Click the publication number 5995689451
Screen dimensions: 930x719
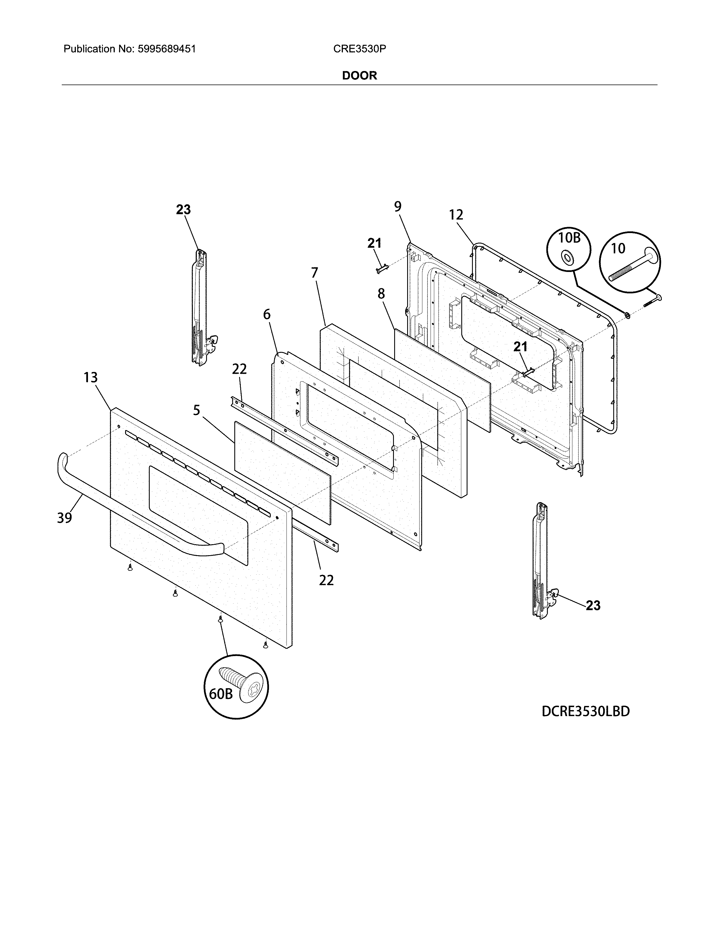click(167, 49)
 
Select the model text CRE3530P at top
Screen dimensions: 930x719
click(359, 49)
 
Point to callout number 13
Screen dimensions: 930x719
click(90, 377)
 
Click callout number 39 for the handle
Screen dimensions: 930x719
click(64, 518)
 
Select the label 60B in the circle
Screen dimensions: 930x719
click(221, 694)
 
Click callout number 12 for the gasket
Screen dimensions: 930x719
click(456, 215)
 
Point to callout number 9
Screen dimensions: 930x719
click(397, 207)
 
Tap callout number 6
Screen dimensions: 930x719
click(267, 315)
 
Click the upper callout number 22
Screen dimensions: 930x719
click(239, 369)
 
